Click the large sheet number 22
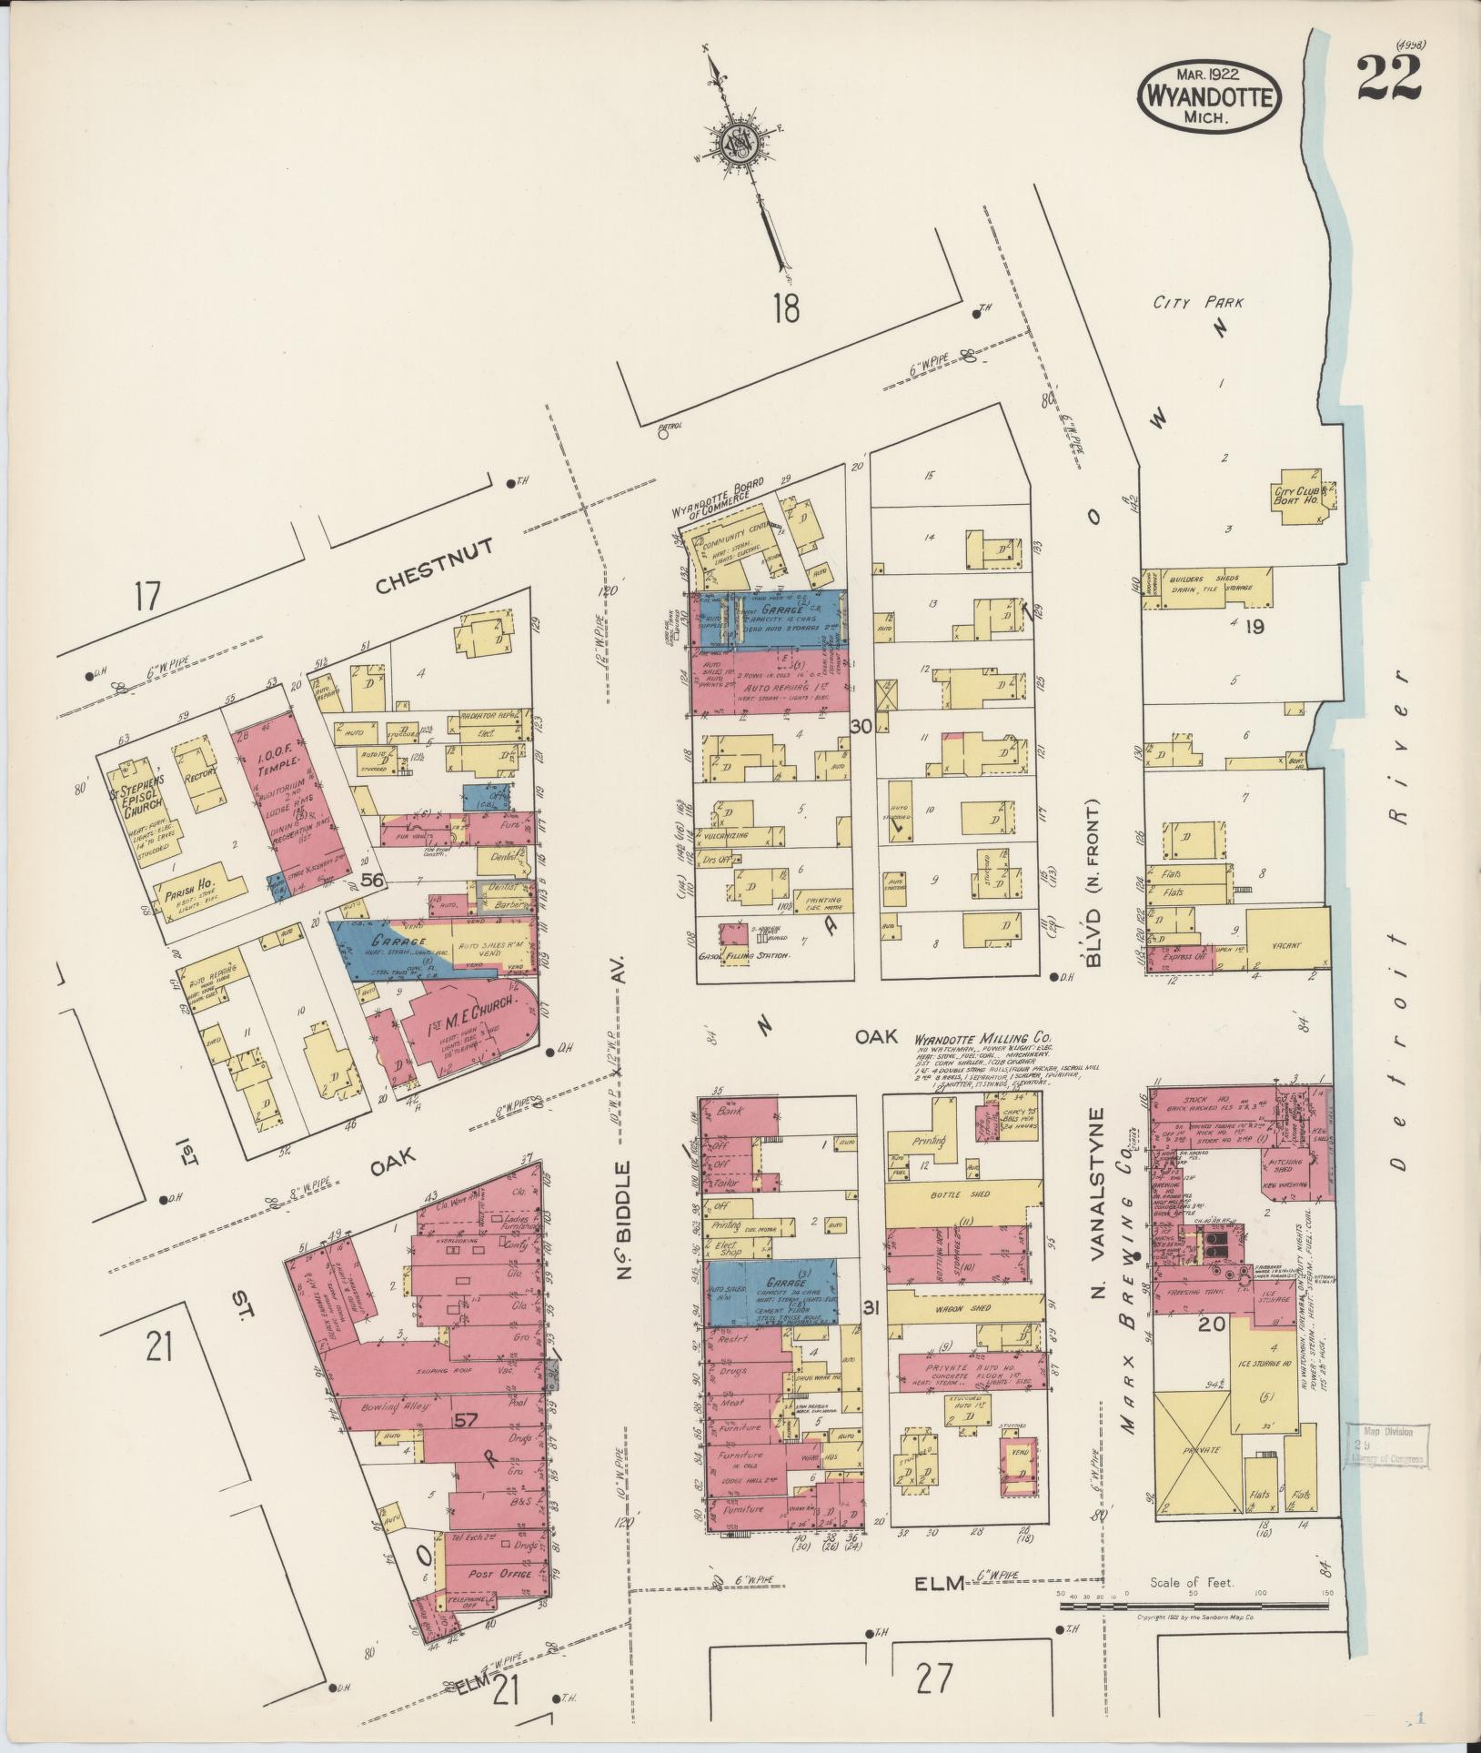(x=1388, y=79)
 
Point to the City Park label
(x=1197, y=303)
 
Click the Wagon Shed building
(x=962, y=1308)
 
